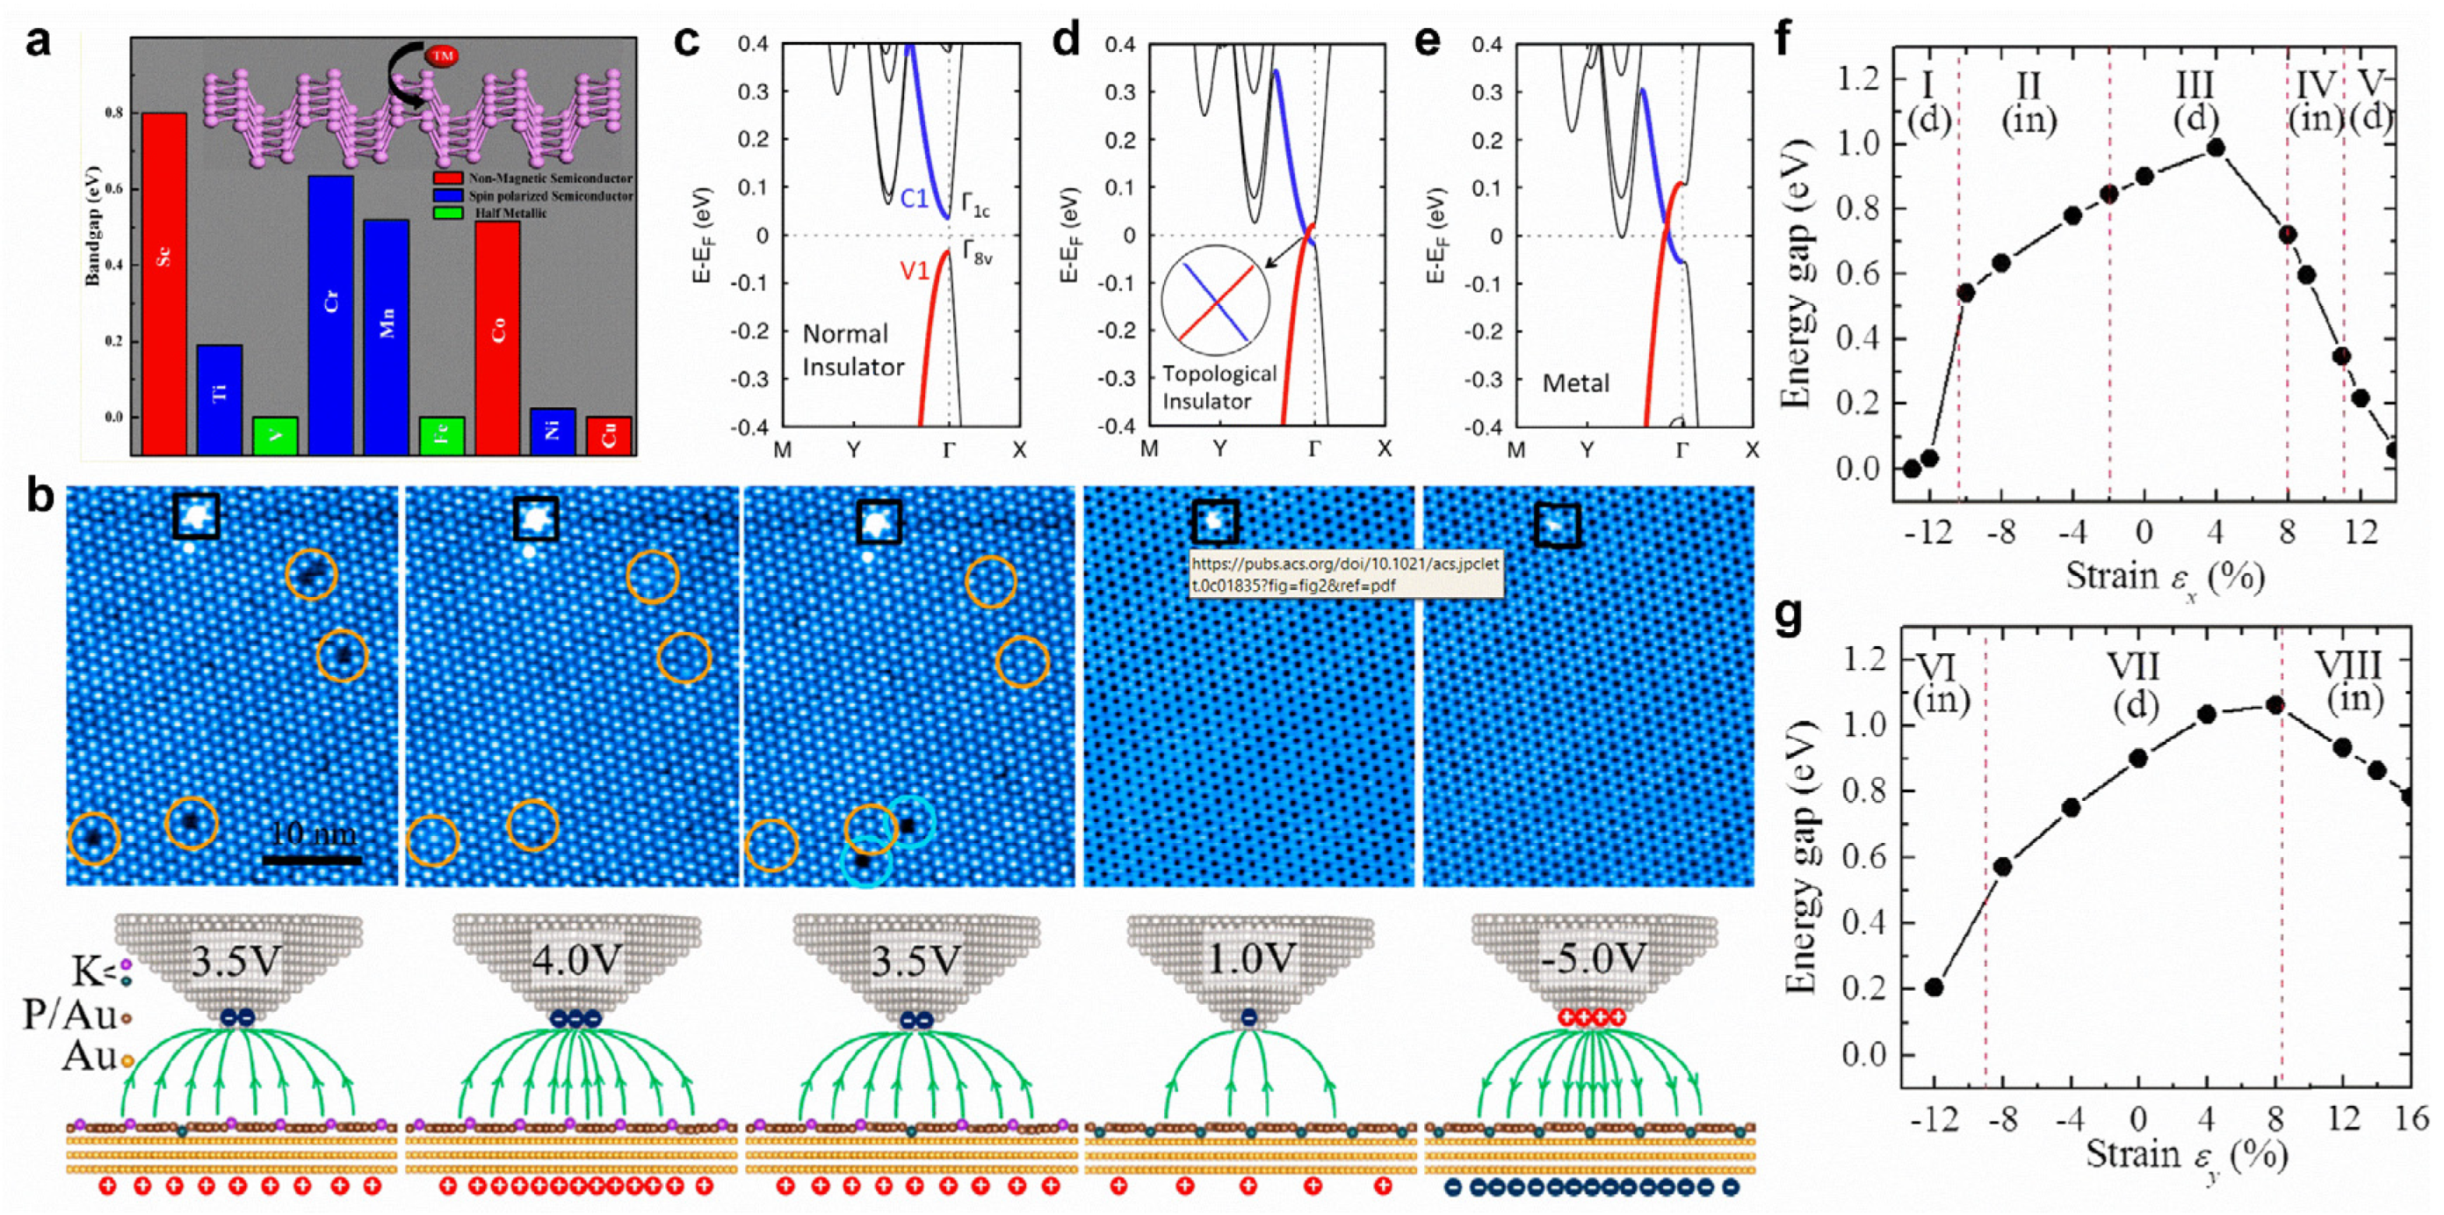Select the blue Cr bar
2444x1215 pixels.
330,314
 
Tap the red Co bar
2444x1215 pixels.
497,337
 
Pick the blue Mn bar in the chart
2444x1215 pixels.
387,336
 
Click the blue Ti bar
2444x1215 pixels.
219,398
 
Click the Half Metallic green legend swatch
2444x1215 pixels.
447,213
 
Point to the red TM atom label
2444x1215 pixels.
441,56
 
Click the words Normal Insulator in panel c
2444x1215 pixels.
853,350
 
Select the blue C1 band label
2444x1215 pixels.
914,199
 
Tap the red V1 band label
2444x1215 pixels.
914,272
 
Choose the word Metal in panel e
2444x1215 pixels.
1575,383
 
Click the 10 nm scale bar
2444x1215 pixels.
312,860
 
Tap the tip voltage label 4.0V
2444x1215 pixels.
576,962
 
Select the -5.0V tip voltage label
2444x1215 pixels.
1594,960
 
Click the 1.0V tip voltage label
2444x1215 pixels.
1250,962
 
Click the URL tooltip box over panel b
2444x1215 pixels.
1345,574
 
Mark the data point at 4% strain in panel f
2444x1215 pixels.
2216,147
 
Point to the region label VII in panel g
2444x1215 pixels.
2134,667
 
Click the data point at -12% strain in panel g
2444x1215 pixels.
1934,987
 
